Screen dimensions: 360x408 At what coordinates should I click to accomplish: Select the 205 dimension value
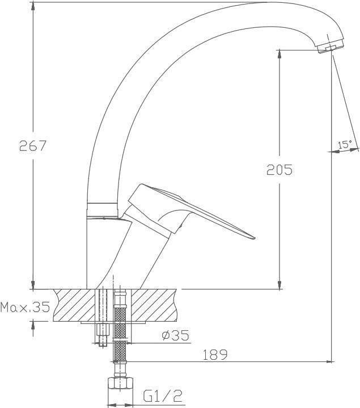point(279,170)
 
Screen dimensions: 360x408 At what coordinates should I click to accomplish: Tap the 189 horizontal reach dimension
point(215,355)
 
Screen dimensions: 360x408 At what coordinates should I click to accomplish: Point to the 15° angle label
point(345,144)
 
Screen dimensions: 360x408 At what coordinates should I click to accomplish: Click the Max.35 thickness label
point(25,307)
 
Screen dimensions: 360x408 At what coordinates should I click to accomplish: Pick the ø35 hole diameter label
point(175,335)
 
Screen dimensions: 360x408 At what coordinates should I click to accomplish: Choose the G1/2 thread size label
point(163,396)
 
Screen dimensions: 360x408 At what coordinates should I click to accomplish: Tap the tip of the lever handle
point(255,238)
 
